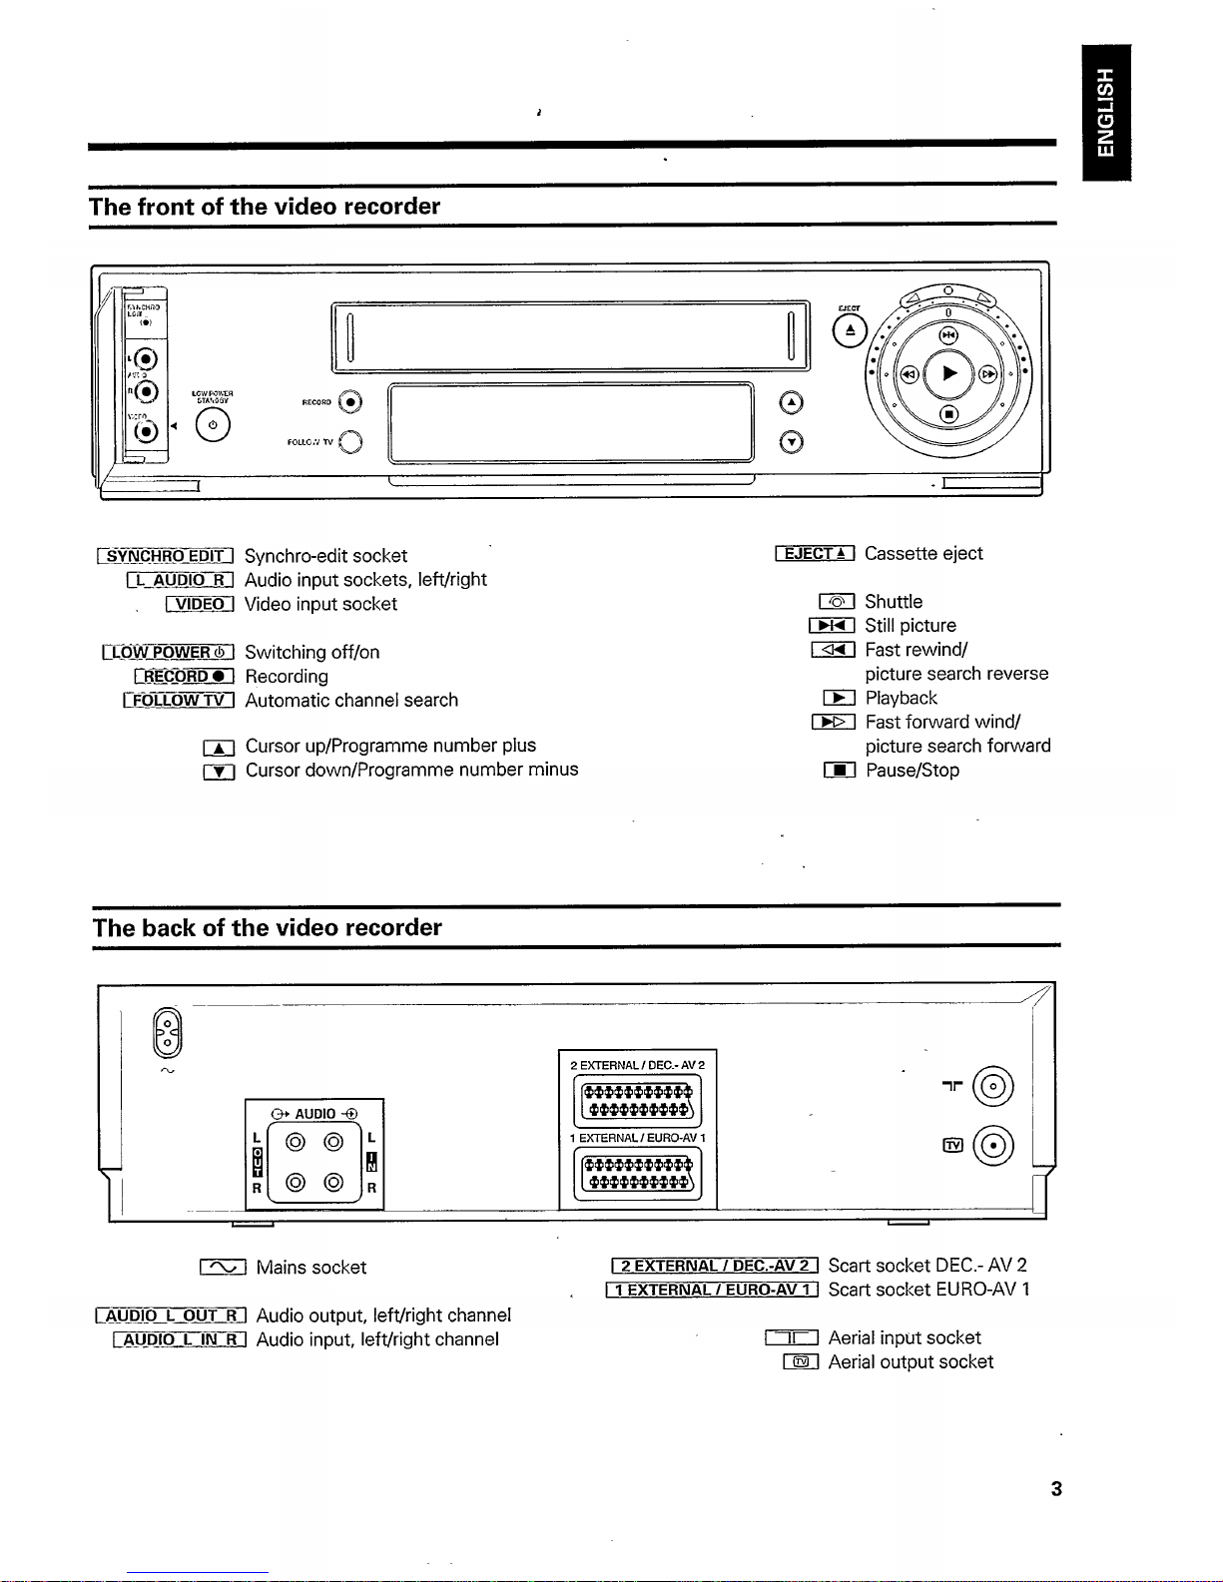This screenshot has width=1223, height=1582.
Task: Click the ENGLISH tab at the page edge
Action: tap(1106, 112)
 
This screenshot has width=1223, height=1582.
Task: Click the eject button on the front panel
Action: tap(850, 330)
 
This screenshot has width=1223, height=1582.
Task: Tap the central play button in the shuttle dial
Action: tap(948, 373)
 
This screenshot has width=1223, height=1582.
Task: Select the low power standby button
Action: tap(213, 425)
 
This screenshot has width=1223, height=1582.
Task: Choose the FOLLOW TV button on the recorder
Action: tap(350, 441)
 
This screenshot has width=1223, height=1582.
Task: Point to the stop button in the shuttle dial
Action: tap(948, 413)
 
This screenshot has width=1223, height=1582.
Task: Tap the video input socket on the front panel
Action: tap(147, 430)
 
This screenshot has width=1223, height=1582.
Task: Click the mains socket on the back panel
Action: tap(168, 1033)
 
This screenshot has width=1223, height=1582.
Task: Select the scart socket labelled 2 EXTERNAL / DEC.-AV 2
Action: tap(638, 1101)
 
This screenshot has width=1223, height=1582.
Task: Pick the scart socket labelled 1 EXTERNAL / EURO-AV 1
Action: tap(638, 1174)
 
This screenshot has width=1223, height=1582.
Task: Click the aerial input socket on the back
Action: tap(993, 1087)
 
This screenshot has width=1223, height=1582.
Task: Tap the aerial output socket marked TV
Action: tap(993, 1146)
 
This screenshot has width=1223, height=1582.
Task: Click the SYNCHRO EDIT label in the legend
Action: tap(167, 556)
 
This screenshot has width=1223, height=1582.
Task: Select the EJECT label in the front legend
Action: tap(815, 554)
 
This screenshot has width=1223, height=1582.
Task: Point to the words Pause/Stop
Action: tap(912, 771)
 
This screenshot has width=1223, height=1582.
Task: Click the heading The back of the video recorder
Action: tap(268, 928)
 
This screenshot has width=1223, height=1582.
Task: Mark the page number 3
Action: tap(1056, 1489)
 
